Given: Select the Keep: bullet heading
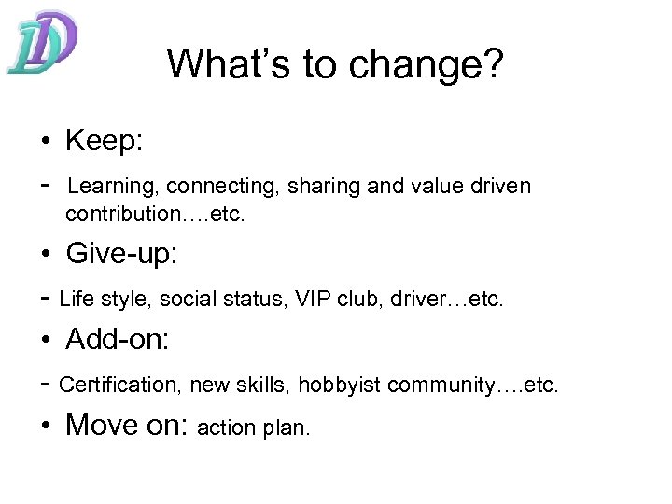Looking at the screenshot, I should point(103,142).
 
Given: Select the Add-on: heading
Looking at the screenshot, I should point(118,340).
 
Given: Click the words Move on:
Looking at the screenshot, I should point(128,426).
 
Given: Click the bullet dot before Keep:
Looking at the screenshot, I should point(45,144).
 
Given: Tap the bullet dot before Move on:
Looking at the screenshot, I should point(45,427).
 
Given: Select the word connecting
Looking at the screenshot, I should point(208,187).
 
